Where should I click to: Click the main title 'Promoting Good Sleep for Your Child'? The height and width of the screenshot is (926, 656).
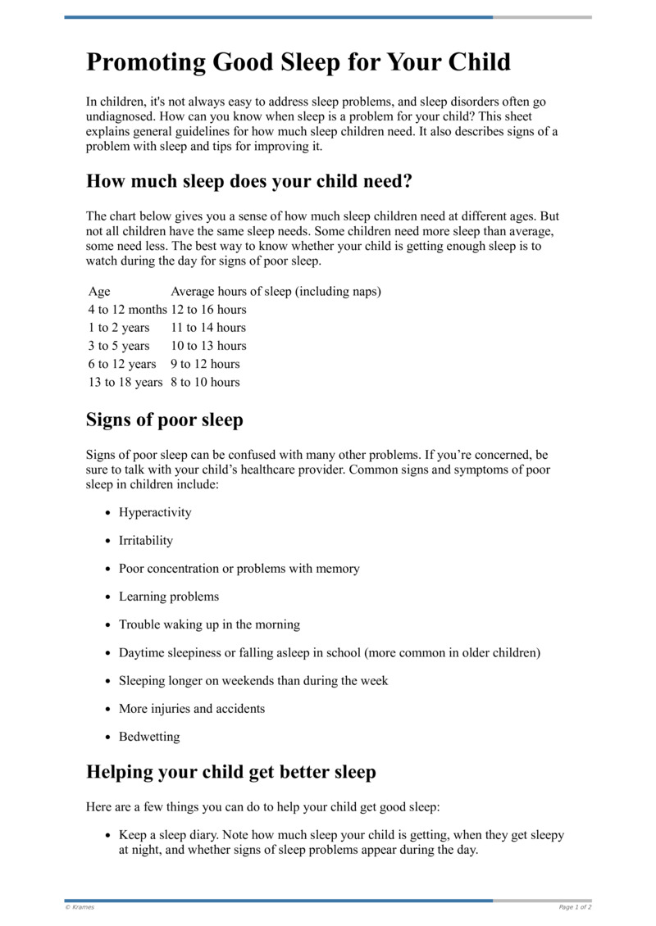tap(298, 62)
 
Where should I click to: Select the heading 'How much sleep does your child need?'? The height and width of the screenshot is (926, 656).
tap(249, 181)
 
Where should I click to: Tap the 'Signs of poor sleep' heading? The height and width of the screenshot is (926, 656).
tap(165, 420)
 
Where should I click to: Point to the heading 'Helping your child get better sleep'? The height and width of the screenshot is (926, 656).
tap(231, 772)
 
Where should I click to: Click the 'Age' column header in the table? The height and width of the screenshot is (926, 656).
tap(99, 292)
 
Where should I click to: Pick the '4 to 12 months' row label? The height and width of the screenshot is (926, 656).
tap(127, 310)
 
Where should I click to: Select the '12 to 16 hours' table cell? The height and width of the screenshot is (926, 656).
tap(208, 310)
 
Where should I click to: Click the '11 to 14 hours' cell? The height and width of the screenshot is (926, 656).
tap(208, 328)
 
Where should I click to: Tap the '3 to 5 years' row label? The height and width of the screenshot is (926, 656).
tap(119, 346)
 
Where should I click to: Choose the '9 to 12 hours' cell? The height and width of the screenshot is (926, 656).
tap(205, 364)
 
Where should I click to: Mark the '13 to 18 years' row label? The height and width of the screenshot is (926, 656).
tap(125, 382)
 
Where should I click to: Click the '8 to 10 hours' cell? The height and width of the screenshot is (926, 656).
tap(205, 382)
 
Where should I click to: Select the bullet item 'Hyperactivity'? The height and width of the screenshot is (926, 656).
tap(155, 513)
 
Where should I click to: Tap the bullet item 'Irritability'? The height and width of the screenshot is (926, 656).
tap(146, 541)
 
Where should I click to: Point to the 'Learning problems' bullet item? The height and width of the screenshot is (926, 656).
tap(169, 597)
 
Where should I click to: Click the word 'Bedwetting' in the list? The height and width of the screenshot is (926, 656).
tap(149, 737)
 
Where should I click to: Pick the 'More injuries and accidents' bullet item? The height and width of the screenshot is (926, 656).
tap(192, 709)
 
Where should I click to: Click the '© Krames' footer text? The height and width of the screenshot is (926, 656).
tap(80, 907)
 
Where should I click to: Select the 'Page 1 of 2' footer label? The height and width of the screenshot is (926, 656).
tap(575, 907)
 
